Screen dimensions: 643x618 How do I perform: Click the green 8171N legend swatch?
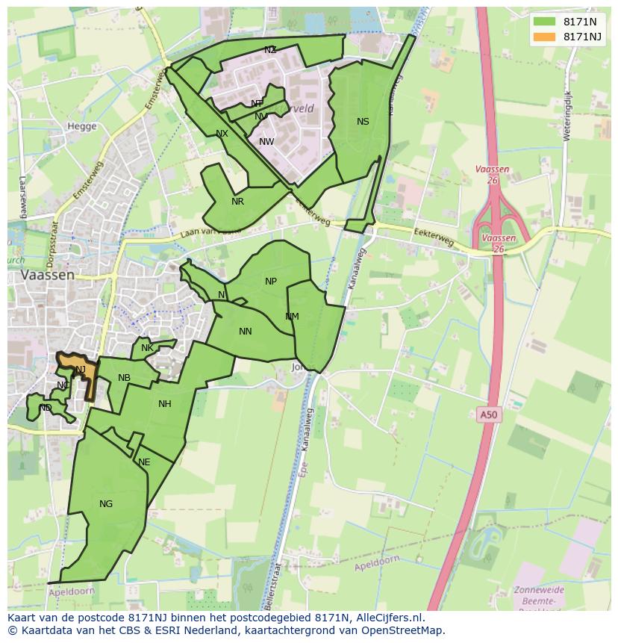pos(544,22)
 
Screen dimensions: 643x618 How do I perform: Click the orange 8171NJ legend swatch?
pos(544,37)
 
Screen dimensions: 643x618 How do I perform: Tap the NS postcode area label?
pos(363,122)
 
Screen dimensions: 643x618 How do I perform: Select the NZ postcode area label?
pos(270,50)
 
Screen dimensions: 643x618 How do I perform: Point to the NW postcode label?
pos(266,142)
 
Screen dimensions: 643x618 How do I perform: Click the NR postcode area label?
pos(237,202)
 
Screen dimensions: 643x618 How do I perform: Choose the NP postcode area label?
pos(271,282)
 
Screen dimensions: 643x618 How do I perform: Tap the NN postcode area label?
pos(245,332)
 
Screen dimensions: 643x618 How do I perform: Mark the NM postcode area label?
pos(292,317)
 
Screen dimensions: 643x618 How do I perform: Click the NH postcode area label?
pos(165,404)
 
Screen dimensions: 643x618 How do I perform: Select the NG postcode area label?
pos(106,504)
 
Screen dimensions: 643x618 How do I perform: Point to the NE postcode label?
pos(144,462)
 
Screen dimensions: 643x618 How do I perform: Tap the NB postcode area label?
pos(124,378)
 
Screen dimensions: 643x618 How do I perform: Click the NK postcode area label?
pos(147,348)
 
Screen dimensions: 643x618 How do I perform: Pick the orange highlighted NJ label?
pos(80,370)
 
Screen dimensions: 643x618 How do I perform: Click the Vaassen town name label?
pos(48,275)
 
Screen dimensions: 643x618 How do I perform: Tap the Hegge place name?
pos(82,126)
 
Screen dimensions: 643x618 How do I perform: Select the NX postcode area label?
pos(222,134)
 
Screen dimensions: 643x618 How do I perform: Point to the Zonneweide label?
pos(539,590)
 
